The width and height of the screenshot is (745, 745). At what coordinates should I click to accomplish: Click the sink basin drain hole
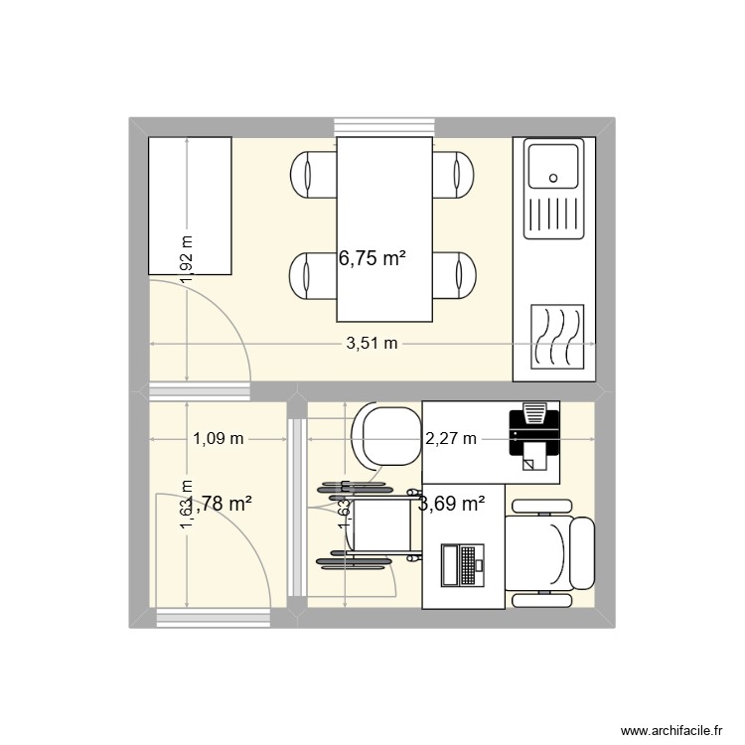click(553, 179)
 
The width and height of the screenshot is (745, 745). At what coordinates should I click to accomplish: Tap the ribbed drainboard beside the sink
click(553, 220)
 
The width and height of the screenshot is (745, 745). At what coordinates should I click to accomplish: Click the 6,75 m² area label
click(372, 259)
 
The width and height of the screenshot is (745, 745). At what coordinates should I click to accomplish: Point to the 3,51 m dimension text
click(372, 345)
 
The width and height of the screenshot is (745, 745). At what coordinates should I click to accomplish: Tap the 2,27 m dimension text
click(451, 439)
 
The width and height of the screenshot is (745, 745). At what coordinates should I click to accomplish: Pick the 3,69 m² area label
click(452, 504)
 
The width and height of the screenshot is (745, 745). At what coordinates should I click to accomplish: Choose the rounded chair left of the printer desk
click(387, 435)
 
